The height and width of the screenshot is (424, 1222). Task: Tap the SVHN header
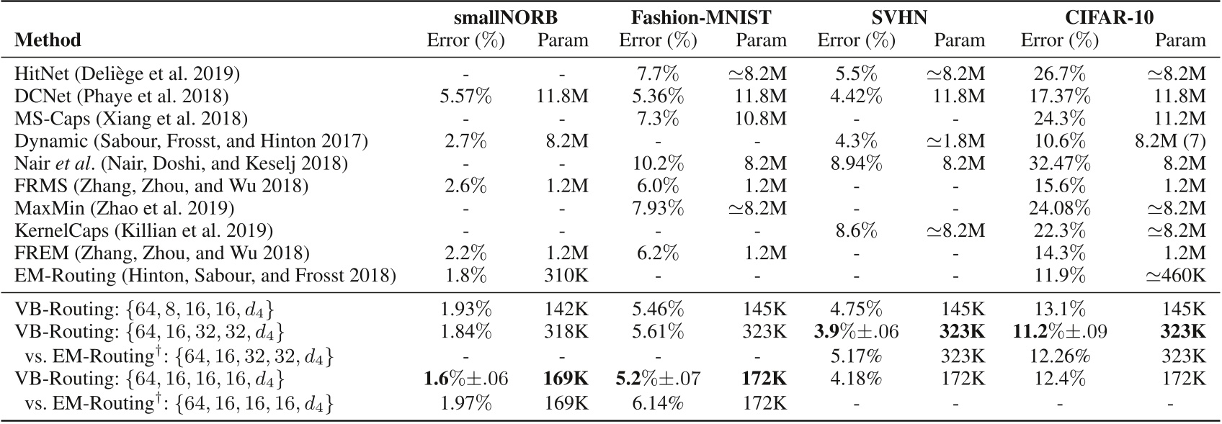pos(900,17)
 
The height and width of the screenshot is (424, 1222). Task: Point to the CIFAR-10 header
pos(1110,17)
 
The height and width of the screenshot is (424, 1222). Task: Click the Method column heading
pos(48,40)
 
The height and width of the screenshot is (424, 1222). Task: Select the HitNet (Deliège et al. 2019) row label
pos(127,73)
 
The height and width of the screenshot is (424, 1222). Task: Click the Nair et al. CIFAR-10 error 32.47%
pos(1059,163)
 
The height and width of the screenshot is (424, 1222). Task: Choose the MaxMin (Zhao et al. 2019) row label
pos(124,208)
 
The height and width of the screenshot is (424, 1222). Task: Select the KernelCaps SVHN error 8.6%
pos(856,230)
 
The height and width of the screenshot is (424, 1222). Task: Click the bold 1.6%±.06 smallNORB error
pos(465,376)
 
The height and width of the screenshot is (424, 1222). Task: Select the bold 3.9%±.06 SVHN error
pos(856,332)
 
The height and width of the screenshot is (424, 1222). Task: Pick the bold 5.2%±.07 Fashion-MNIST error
pos(658,376)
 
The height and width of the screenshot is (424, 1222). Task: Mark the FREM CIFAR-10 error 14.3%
pos(1059,253)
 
